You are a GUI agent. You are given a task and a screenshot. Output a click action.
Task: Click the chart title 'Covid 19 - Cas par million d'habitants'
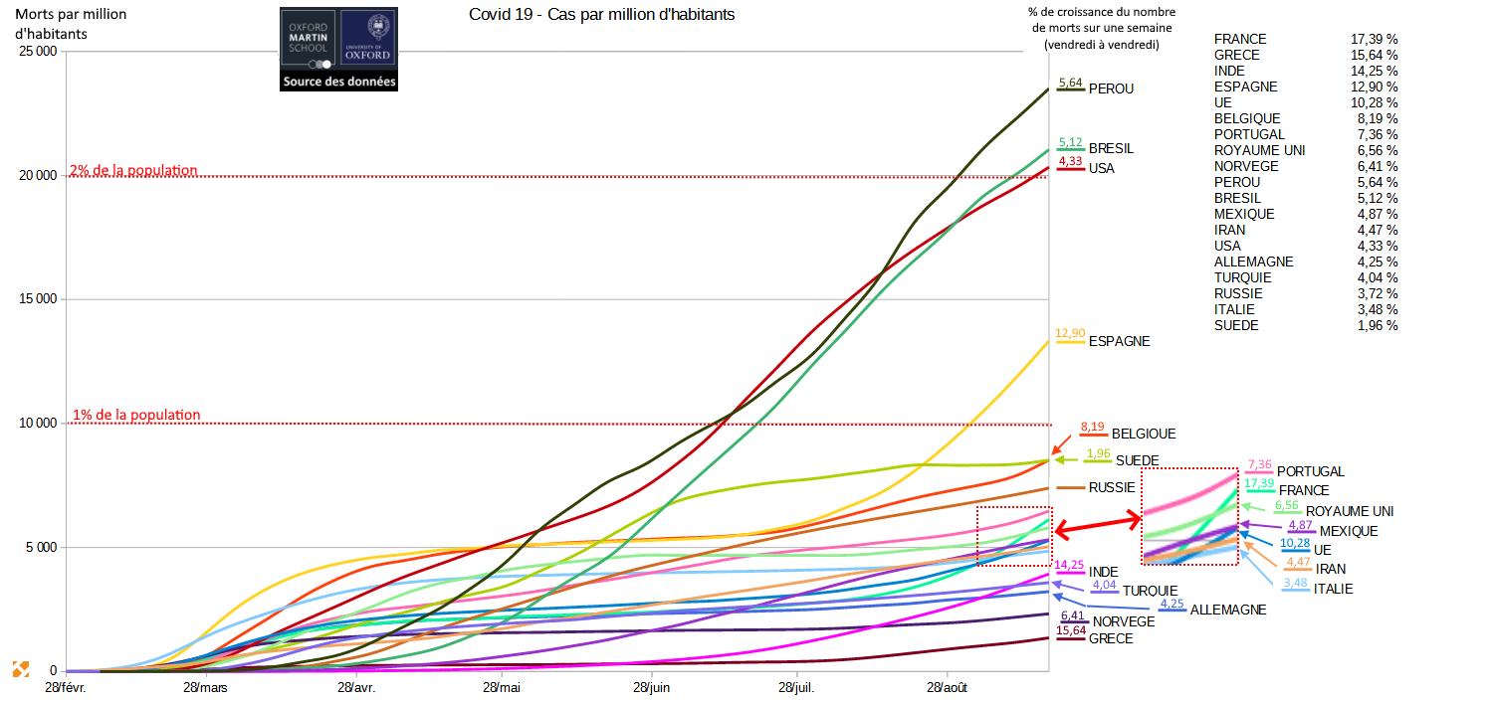tap(601, 16)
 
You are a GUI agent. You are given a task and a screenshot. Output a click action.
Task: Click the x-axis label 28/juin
tap(650, 688)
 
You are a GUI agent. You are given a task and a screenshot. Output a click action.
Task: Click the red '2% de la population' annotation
tap(133, 170)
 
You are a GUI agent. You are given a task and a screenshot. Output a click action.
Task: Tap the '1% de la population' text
tap(136, 415)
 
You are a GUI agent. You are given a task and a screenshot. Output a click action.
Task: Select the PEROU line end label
tap(1111, 88)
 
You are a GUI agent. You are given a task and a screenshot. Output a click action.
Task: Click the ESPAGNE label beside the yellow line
tap(1119, 341)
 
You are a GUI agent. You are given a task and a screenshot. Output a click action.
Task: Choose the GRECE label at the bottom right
tap(1111, 638)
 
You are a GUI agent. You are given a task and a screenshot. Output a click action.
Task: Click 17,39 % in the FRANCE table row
tap(1378, 39)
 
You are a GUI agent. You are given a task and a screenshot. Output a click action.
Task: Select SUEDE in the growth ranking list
tap(1236, 325)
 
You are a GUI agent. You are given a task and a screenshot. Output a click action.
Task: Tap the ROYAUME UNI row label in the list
tap(1259, 150)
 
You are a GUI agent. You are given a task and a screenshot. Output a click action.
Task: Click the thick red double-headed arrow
tap(1097, 525)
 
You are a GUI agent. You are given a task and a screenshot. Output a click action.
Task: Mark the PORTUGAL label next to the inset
tap(1310, 471)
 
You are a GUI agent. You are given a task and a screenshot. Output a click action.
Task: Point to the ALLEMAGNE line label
tap(1228, 610)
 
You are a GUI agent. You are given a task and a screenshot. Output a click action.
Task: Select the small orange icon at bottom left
tap(20, 669)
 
